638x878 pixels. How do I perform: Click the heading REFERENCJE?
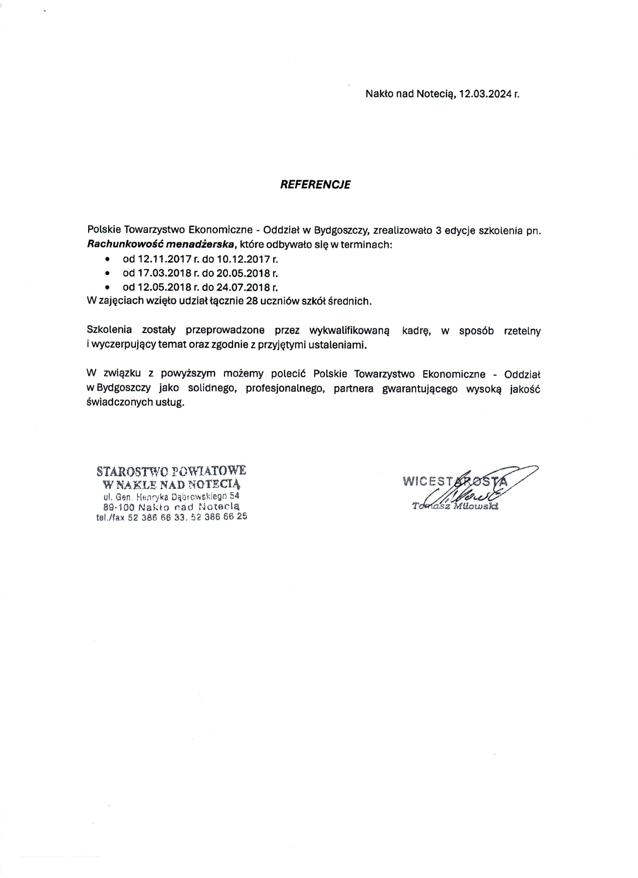315,184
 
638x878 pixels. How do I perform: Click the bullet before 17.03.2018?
107,273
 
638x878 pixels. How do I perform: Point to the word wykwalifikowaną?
349,331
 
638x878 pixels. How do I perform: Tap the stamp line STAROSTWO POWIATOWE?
171,471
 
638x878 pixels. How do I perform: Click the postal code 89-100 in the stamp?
119,507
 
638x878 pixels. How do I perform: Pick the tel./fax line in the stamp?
171,517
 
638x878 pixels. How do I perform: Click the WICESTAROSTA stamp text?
455,481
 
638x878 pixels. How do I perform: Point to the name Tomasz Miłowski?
455,506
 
